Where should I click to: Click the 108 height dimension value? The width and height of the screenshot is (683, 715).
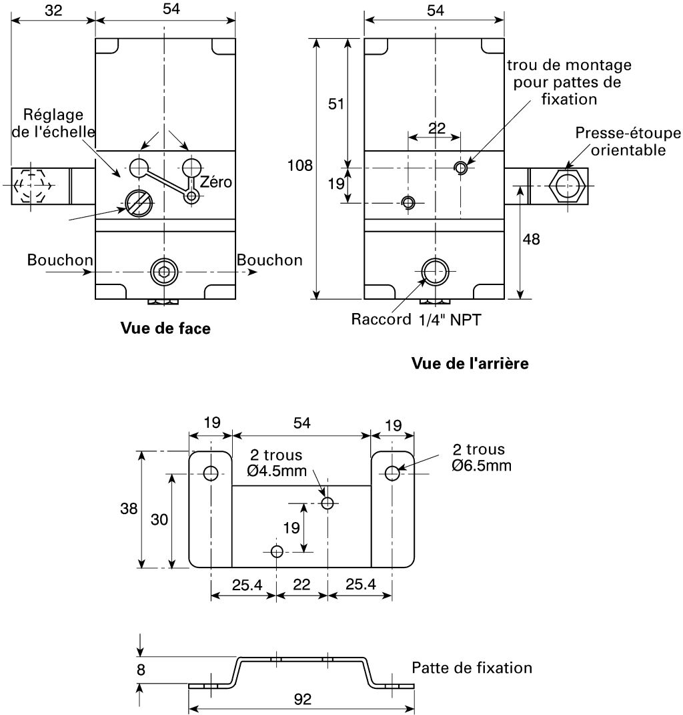tap(299, 165)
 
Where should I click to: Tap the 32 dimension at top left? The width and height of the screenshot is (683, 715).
tap(53, 10)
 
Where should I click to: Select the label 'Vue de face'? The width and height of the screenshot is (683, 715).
tap(165, 328)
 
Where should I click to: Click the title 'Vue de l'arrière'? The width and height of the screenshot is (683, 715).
tap(470, 363)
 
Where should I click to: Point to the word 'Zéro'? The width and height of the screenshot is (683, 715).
tap(216, 182)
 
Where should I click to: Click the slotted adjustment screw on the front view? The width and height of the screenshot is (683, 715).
tap(139, 202)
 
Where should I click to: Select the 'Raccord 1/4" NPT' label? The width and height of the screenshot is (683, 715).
tap(416, 320)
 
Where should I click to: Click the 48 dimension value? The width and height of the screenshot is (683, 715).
tap(531, 240)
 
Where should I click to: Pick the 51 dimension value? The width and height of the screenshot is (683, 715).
tap(335, 104)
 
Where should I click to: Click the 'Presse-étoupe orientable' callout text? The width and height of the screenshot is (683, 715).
tap(628, 142)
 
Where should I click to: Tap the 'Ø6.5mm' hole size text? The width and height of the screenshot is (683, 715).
tap(482, 465)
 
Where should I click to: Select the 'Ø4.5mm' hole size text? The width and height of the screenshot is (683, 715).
tap(277, 471)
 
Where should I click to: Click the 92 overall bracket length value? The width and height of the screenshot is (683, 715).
tap(303, 699)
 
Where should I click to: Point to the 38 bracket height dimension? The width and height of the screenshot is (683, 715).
tap(129, 509)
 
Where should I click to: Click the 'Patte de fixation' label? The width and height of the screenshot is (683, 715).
tap(472, 668)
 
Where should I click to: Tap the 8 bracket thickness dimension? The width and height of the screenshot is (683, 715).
tap(141, 670)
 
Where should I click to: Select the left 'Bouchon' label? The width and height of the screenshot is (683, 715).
tap(60, 260)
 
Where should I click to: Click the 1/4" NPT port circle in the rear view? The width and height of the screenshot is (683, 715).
tap(436, 272)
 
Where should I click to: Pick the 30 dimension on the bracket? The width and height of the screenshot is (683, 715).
tap(159, 519)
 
